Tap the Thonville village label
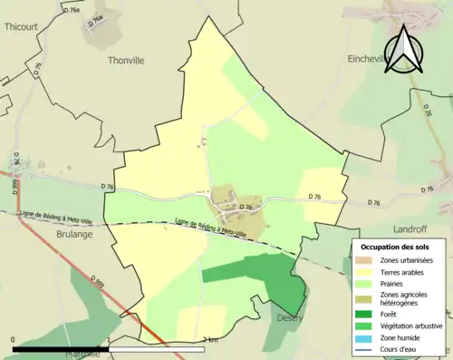[126, 61]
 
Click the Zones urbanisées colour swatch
[364, 260]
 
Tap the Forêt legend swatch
[364, 316]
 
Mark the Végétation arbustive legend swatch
[364, 327]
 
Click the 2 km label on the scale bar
[211, 339]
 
